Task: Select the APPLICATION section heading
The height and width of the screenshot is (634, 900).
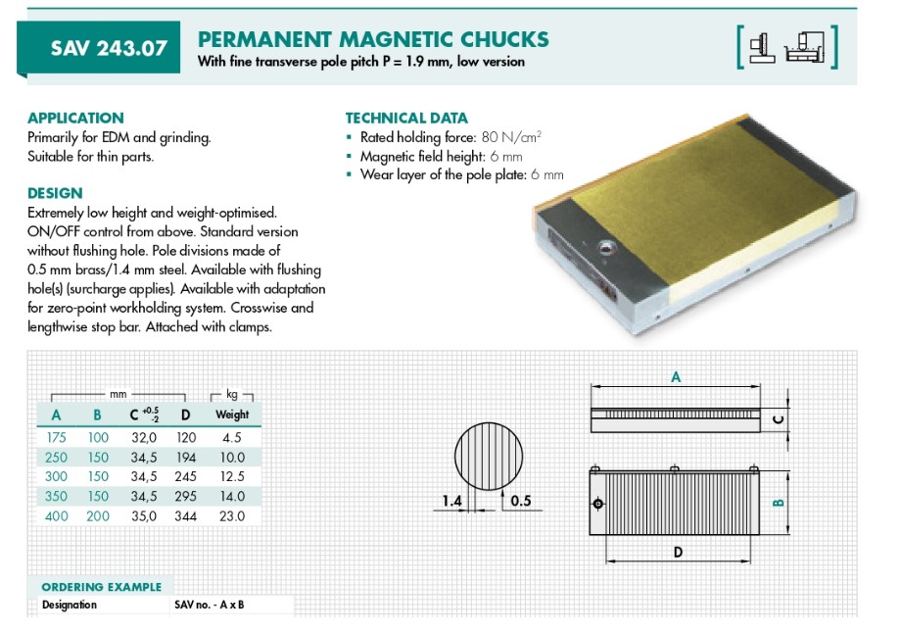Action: (75, 119)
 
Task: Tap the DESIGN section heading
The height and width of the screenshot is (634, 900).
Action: (55, 193)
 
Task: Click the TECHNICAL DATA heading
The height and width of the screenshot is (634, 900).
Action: (406, 119)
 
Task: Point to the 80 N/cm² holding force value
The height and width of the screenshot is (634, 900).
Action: (511, 136)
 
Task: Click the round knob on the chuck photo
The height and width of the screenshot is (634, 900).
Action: (605, 248)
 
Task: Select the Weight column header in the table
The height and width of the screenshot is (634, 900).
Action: (232, 415)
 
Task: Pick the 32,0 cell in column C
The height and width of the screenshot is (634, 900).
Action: (144, 438)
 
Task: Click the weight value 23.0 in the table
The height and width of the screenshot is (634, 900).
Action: (232, 516)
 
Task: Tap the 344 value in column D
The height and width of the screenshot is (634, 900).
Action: (185, 516)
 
